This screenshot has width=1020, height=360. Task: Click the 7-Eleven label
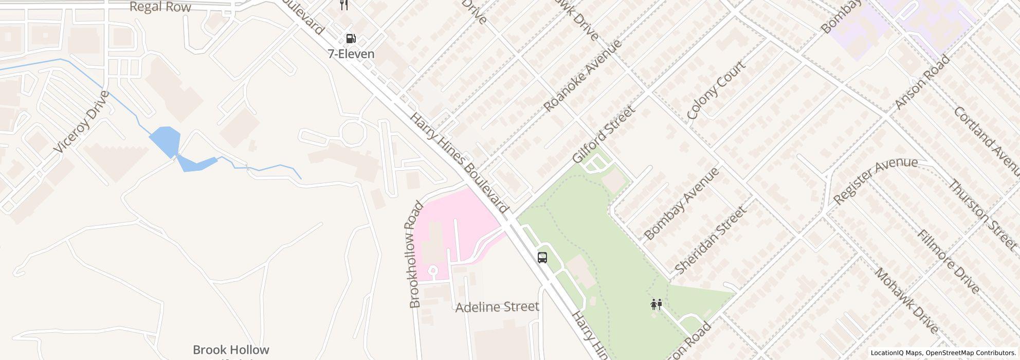351,54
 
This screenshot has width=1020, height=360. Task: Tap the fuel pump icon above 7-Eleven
351,39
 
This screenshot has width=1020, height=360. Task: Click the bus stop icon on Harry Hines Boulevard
542,257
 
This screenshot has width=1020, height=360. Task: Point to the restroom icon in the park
656,304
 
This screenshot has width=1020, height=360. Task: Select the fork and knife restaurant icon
344,5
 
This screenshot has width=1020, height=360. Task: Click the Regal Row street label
160,7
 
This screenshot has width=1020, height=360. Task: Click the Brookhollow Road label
415,254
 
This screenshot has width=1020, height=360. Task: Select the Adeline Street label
497,307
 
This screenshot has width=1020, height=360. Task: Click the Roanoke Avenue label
583,75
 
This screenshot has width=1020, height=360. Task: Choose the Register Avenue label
875,180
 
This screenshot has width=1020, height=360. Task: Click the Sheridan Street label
710,240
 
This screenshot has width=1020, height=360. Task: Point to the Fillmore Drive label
949,261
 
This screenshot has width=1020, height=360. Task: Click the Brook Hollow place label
231,350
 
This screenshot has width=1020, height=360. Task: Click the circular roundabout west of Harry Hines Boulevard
353,132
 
